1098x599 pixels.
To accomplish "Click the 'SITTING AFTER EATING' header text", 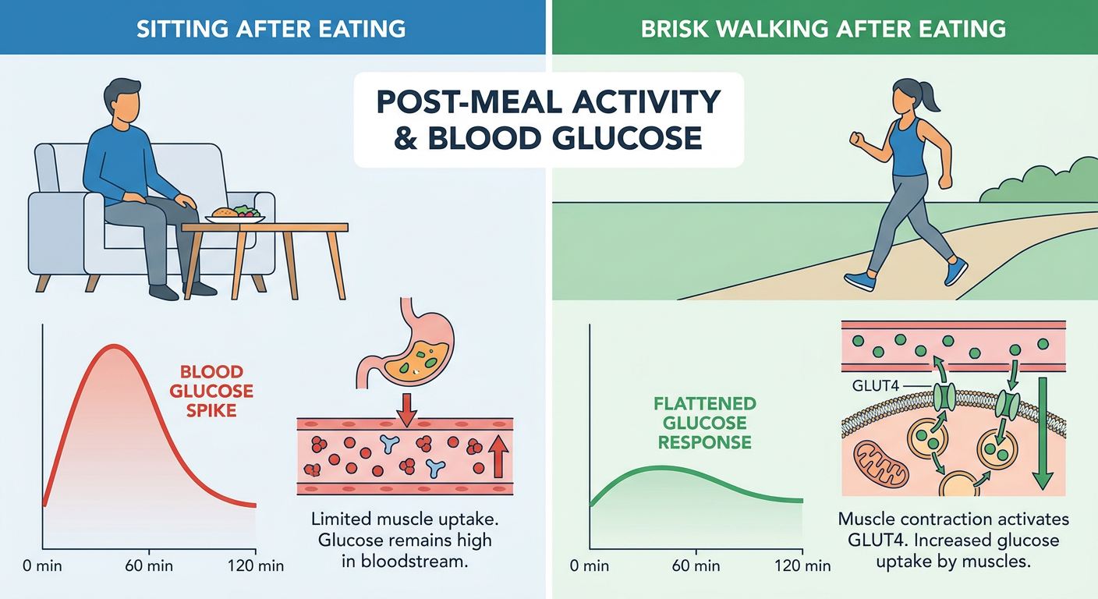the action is point(271,29).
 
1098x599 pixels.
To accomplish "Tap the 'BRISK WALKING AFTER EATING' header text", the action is point(823,29).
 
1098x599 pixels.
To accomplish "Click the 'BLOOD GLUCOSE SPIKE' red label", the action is point(211,391).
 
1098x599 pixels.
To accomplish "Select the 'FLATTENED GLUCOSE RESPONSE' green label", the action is point(705,423).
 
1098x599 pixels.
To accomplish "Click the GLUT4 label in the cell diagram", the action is point(876,386).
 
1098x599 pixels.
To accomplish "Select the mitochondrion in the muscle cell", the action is point(881,463).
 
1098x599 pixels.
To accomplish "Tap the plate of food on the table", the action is point(236,215).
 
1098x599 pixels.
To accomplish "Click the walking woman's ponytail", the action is point(930,97).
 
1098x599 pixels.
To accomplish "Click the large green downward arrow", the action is point(1043,434).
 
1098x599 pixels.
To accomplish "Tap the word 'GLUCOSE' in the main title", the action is point(627,138).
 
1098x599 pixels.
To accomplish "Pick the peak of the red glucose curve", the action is point(115,346).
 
